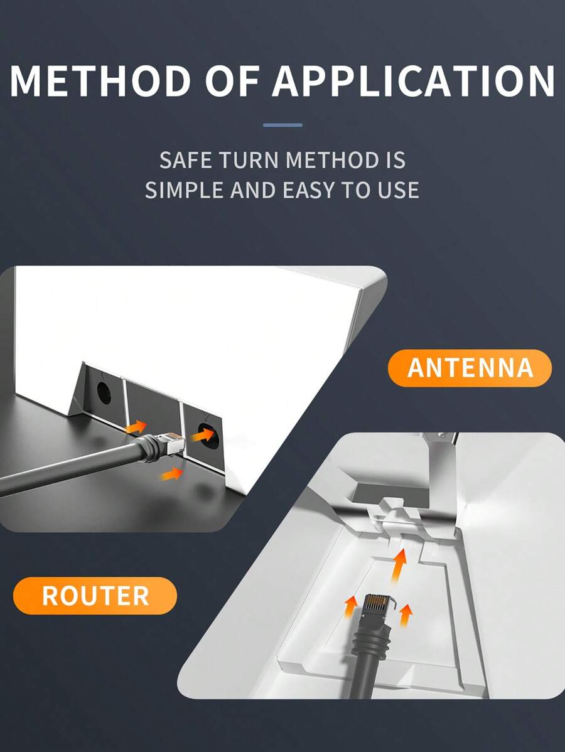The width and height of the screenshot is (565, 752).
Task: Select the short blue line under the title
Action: point(282,125)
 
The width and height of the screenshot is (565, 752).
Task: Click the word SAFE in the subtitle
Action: point(186,160)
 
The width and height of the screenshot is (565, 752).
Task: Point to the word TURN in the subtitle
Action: point(250,160)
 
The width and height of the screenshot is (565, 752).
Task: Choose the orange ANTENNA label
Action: point(470,368)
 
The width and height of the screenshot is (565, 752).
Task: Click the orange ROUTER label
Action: point(95,596)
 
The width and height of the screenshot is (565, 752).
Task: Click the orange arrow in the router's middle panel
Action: point(135,427)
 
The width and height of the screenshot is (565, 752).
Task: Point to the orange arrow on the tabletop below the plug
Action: point(171,473)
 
